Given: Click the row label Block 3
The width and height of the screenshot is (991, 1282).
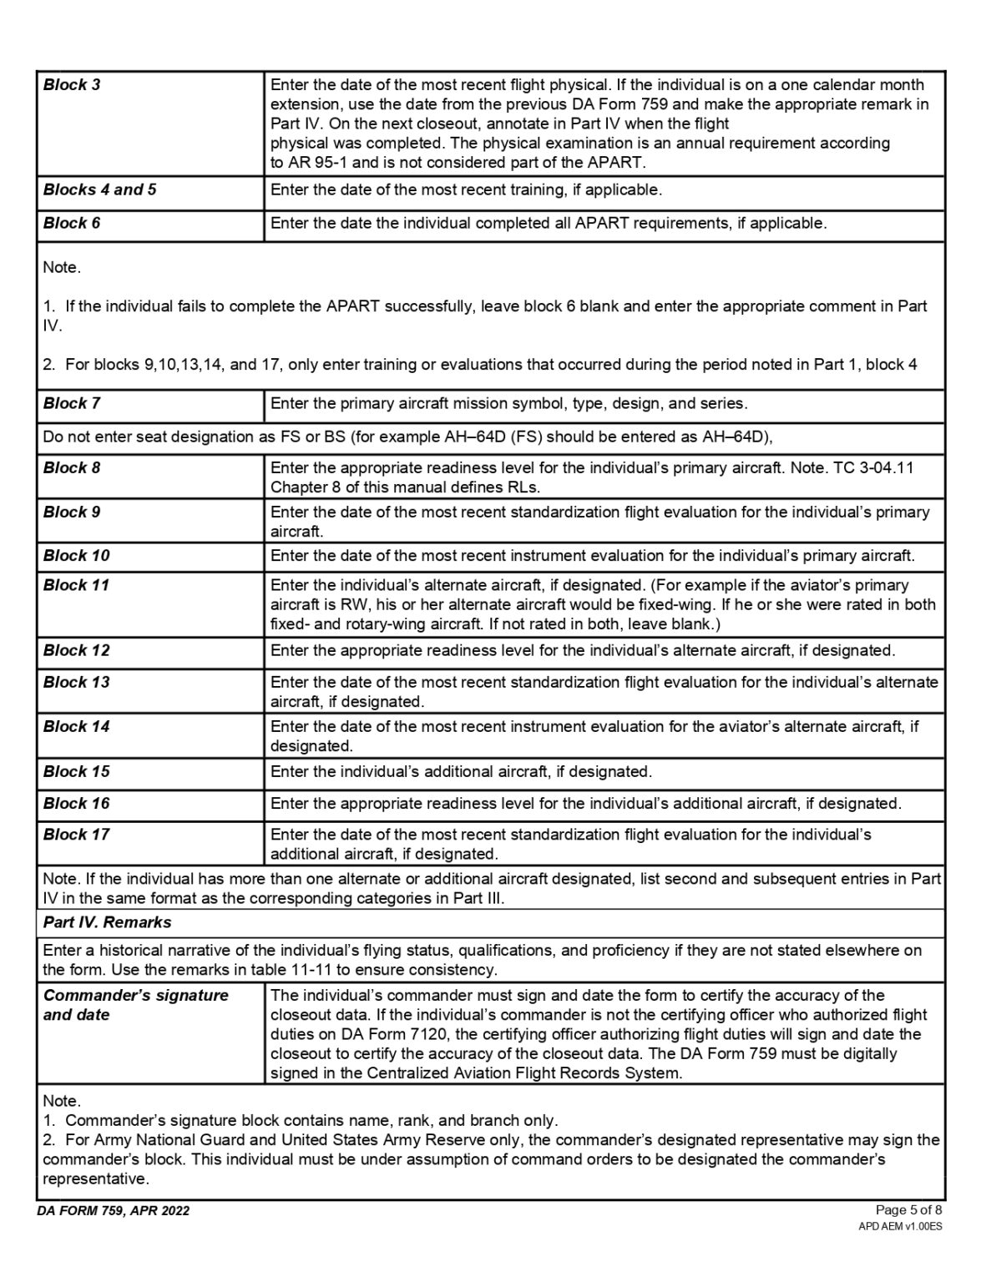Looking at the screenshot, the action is coord(72,84).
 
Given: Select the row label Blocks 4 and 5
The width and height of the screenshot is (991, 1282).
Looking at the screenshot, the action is coord(99,189).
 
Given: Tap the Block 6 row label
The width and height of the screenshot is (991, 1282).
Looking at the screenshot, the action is coord(72,223).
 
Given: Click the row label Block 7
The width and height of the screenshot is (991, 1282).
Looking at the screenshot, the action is coord(72,403).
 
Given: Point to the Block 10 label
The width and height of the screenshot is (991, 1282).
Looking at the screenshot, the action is coord(76,555).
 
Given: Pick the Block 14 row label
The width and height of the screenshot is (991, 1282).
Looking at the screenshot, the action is coord(76,726).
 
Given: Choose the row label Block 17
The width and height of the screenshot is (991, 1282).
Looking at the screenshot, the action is coord(76,834).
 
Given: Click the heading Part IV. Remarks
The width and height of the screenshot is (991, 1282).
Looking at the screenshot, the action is coord(107,922).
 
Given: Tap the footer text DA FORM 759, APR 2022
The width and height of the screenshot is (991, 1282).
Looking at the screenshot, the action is coord(113,1211).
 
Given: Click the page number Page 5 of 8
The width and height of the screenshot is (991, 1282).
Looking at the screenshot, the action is coord(909,1209).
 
